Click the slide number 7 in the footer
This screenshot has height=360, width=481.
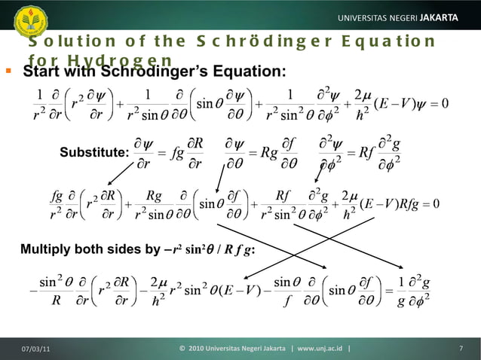coord(460,347)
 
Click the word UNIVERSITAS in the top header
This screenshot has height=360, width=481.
coord(366,17)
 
